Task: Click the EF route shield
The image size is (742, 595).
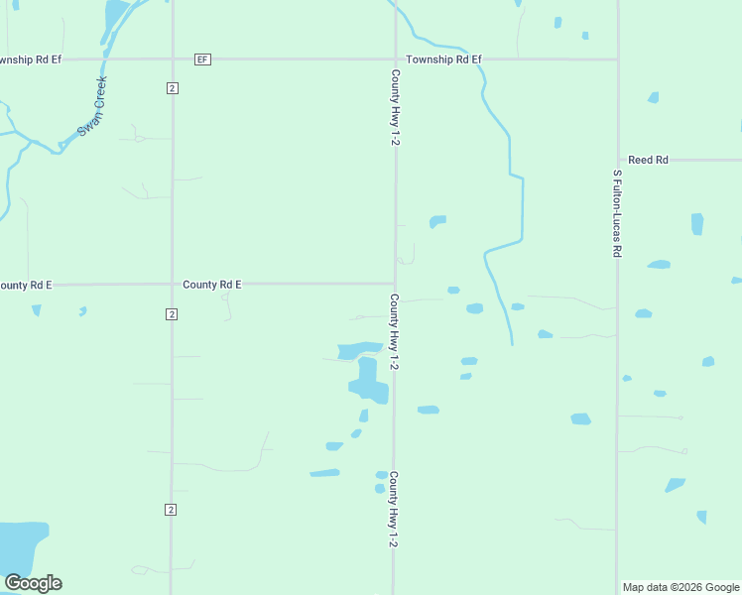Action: point(202,59)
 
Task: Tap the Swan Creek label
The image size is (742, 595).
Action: point(93,106)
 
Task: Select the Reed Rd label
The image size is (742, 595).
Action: point(648,160)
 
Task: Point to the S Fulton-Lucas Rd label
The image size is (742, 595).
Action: point(617,214)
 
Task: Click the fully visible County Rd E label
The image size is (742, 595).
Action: point(212,285)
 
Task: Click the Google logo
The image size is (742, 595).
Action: point(33,583)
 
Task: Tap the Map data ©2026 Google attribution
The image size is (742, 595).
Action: point(681,587)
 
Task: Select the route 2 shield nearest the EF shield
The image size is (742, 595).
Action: point(172,88)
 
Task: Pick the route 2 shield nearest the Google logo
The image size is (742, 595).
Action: point(171,510)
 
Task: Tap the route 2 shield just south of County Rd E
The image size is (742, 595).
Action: point(172,314)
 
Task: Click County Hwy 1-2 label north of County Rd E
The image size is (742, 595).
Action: point(395,108)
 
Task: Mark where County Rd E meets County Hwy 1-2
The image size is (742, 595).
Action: point(395,284)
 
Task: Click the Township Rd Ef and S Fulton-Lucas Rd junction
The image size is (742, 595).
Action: point(617,59)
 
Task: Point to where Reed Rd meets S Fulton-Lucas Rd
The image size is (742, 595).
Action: point(617,160)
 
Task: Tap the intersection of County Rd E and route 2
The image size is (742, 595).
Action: point(172,285)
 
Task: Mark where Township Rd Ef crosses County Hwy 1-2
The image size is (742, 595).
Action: point(395,59)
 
